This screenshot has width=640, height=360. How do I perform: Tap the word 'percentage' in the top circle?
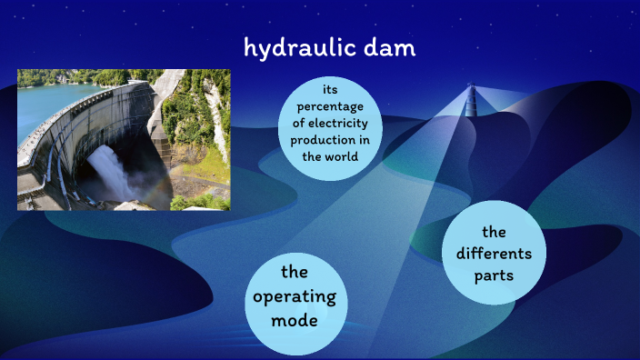tap(330, 106)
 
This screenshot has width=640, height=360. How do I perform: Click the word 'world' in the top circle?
tap(341, 156)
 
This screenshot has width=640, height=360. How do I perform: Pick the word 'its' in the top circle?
tap(330, 90)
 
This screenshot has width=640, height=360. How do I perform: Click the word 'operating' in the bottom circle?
tap(295, 296)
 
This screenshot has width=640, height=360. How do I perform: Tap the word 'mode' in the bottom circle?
tap(295, 321)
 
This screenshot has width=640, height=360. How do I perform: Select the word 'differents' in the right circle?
tap(495, 253)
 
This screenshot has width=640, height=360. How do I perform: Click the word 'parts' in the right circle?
tap(495, 275)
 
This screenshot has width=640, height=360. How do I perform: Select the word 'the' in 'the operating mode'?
tap(295, 272)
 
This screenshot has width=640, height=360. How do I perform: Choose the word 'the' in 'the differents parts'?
tap(495, 231)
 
